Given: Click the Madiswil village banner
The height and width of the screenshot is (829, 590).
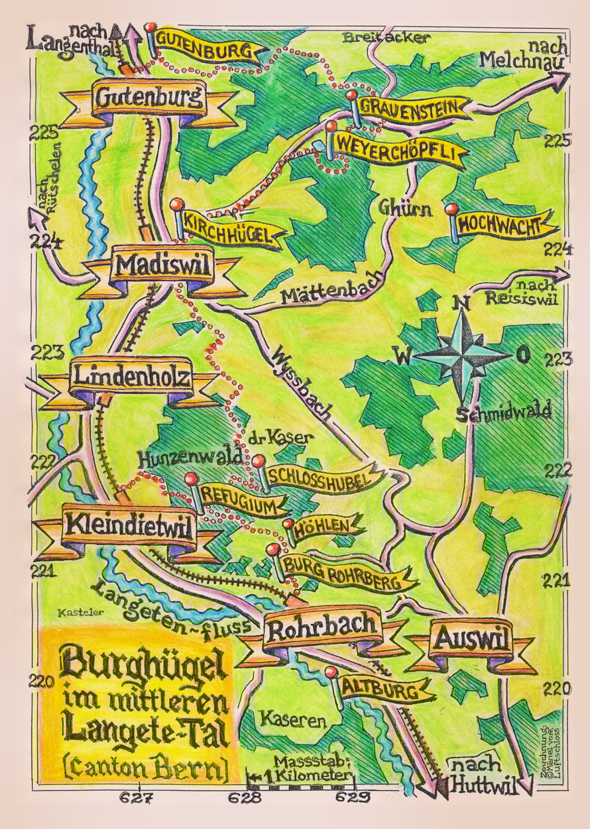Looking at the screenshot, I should pyautogui.click(x=163, y=267).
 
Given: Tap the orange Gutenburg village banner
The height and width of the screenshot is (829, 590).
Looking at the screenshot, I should pyautogui.click(x=148, y=99).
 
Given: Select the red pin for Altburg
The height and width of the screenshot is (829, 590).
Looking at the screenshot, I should pyautogui.click(x=331, y=672).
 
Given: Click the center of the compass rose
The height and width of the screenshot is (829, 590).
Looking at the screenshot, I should pyautogui.click(x=462, y=355).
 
